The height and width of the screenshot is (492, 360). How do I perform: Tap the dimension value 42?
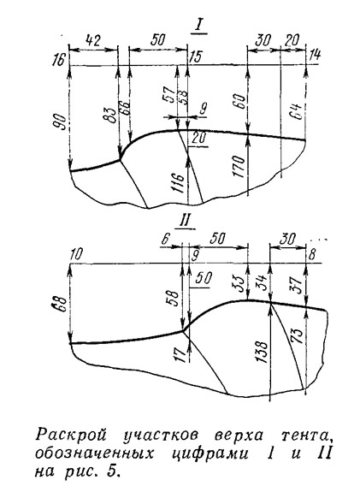[93, 41]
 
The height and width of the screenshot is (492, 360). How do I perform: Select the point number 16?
[60, 59]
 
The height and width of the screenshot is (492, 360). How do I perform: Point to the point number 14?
[316, 55]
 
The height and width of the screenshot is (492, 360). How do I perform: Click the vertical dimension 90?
[62, 123]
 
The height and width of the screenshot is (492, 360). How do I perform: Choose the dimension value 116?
[179, 181]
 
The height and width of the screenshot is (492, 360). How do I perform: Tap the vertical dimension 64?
[298, 111]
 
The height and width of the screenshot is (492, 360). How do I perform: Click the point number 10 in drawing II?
[75, 255]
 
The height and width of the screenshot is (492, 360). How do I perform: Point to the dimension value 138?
[262, 352]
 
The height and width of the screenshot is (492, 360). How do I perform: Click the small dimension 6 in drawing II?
[166, 239]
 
